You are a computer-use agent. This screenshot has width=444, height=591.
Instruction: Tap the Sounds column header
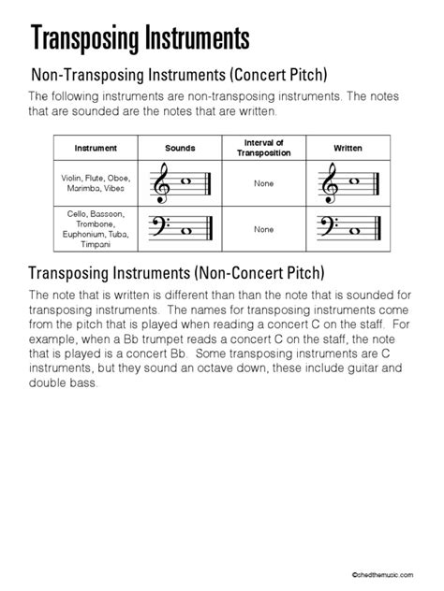point(180,148)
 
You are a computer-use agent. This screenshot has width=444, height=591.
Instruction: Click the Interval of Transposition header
point(263,148)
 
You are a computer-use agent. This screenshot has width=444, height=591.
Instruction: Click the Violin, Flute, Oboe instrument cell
point(96,183)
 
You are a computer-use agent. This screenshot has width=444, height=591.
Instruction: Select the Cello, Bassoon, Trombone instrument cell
point(96,229)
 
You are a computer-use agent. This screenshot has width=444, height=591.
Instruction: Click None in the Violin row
point(263,183)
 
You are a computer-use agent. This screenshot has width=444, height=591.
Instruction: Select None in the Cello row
point(263,229)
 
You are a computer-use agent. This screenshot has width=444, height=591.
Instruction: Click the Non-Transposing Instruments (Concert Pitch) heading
point(179,73)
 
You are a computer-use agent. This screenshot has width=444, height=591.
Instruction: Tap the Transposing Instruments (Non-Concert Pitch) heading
point(177,274)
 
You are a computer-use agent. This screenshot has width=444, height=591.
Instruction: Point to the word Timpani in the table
point(96,246)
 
